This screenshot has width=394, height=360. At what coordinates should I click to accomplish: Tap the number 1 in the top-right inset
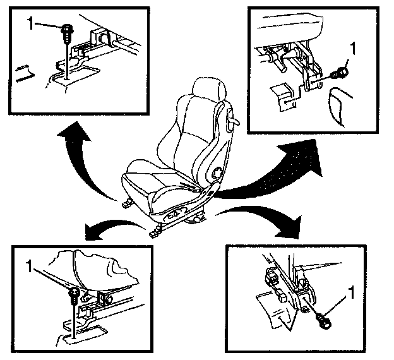point(353,47)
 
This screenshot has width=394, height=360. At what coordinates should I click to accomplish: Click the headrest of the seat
point(209,89)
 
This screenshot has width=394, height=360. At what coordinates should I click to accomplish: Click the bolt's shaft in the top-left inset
point(66,54)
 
